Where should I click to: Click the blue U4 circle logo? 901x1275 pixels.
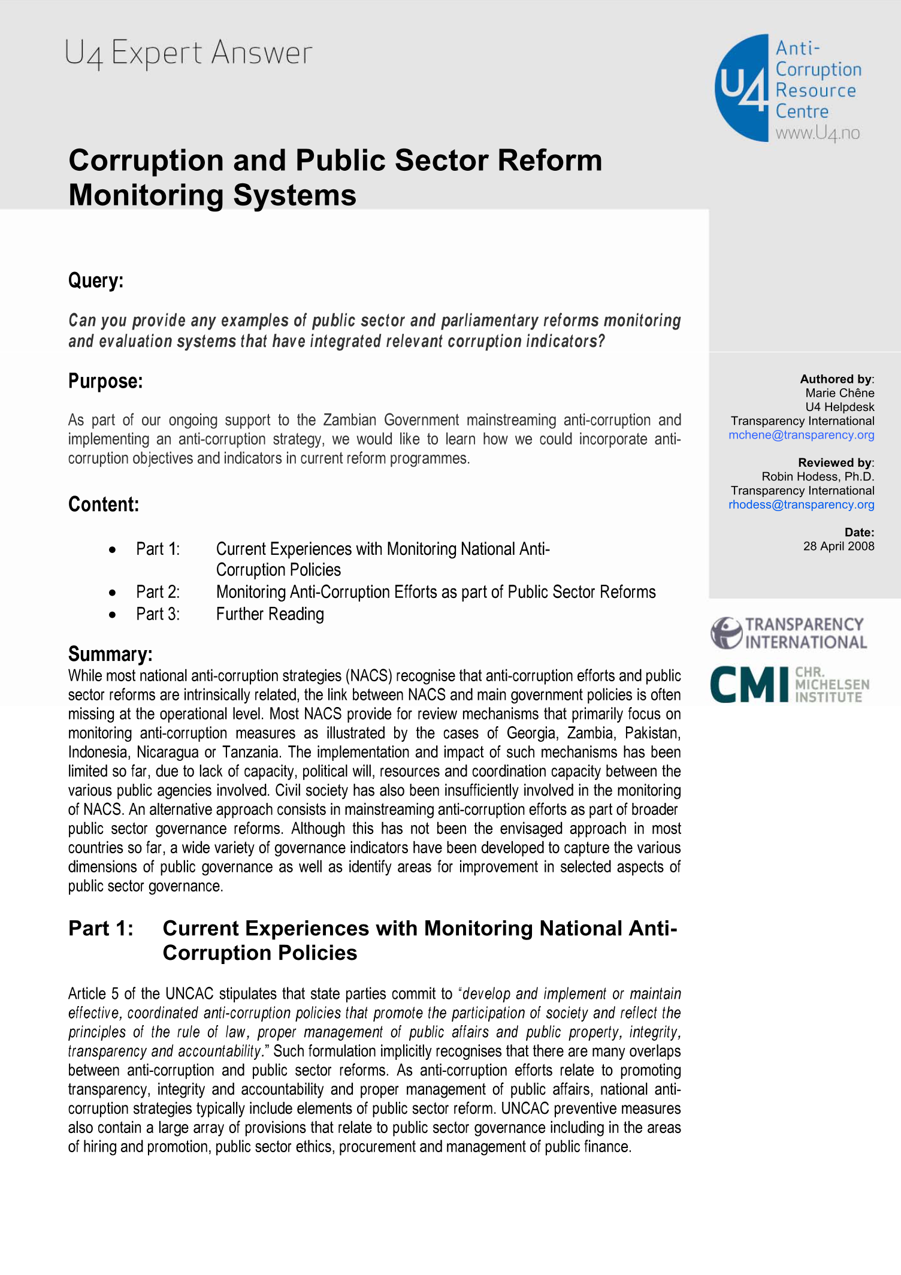click(742, 87)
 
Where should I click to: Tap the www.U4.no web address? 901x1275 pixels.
click(817, 133)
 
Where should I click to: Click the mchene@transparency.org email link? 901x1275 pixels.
click(801, 435)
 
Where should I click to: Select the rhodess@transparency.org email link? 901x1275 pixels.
click(801, 504)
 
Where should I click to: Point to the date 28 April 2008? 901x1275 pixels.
click(838, 546)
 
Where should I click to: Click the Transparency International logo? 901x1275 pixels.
click(788, 633)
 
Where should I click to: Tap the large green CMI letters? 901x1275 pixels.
click(749, 684)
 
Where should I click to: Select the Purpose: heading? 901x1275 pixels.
click(105, 381)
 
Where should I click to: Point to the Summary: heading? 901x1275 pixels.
click(110, 654)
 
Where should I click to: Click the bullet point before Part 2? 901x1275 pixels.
click(113, 593)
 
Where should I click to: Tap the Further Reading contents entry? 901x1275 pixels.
click(270, 614)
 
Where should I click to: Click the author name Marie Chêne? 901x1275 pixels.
click(839, 393)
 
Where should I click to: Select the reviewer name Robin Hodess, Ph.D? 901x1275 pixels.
click(818, 476)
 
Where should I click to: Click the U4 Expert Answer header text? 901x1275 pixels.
click(189, 53)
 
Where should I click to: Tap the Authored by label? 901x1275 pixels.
click(836, 379)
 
